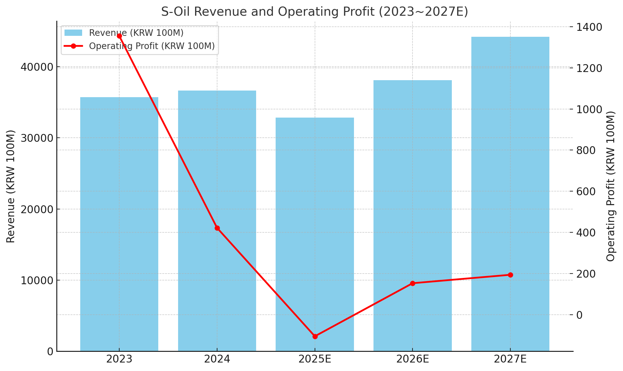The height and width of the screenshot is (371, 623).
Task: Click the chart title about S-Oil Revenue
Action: (x=315, y=12)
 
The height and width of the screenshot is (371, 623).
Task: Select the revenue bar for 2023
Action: (x=119, y=224)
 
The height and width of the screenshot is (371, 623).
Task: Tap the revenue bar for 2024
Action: (x=217, y=221)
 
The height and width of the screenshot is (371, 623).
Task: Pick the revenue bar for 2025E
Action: (x=315, y=234)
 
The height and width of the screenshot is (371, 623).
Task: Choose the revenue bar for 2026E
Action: (x=413, y=216)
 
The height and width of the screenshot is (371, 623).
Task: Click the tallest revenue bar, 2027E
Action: (x=510, y=194)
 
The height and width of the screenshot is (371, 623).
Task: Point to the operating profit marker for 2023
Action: (x=119, y=36)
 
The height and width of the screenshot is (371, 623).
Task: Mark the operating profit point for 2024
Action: (x=217, y=228)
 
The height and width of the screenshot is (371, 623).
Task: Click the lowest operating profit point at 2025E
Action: (x=315, y=336)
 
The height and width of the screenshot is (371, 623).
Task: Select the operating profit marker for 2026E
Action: (x=413, y=283)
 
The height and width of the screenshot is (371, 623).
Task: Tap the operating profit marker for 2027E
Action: (x=510, y=275)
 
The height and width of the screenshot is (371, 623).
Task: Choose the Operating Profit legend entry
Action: (x=139, y=46)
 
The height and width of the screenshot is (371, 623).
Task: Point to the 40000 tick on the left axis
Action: (x=37, y=67)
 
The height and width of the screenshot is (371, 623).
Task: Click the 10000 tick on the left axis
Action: (x=37, y=280)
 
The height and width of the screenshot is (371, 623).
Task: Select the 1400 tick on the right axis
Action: (x=589, y=27)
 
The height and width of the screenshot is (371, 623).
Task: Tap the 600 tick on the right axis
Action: (x=586, y=191)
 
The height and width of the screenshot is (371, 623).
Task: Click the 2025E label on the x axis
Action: (x=315, y=359)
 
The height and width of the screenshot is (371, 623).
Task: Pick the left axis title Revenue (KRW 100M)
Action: (x=11, y=186)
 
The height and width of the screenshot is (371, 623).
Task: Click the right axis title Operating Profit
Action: (x=610, y=186)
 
